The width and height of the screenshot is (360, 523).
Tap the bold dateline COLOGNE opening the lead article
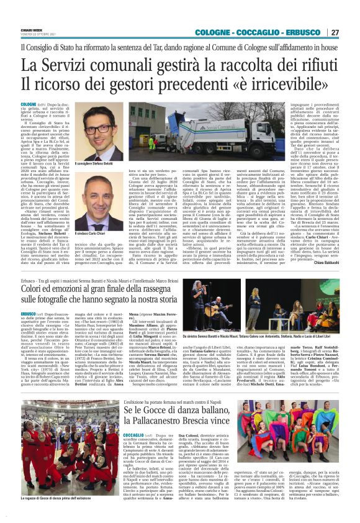29,104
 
